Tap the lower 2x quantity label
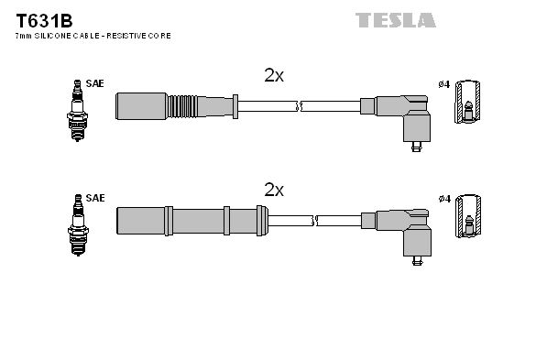tap(274, 191)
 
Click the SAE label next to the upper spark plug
tap(95, 84)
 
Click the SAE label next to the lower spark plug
tap(95, 198)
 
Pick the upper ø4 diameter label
tap(443, 85)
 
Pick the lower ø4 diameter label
tap(443, 199)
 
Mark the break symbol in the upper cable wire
tap(300, 105)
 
